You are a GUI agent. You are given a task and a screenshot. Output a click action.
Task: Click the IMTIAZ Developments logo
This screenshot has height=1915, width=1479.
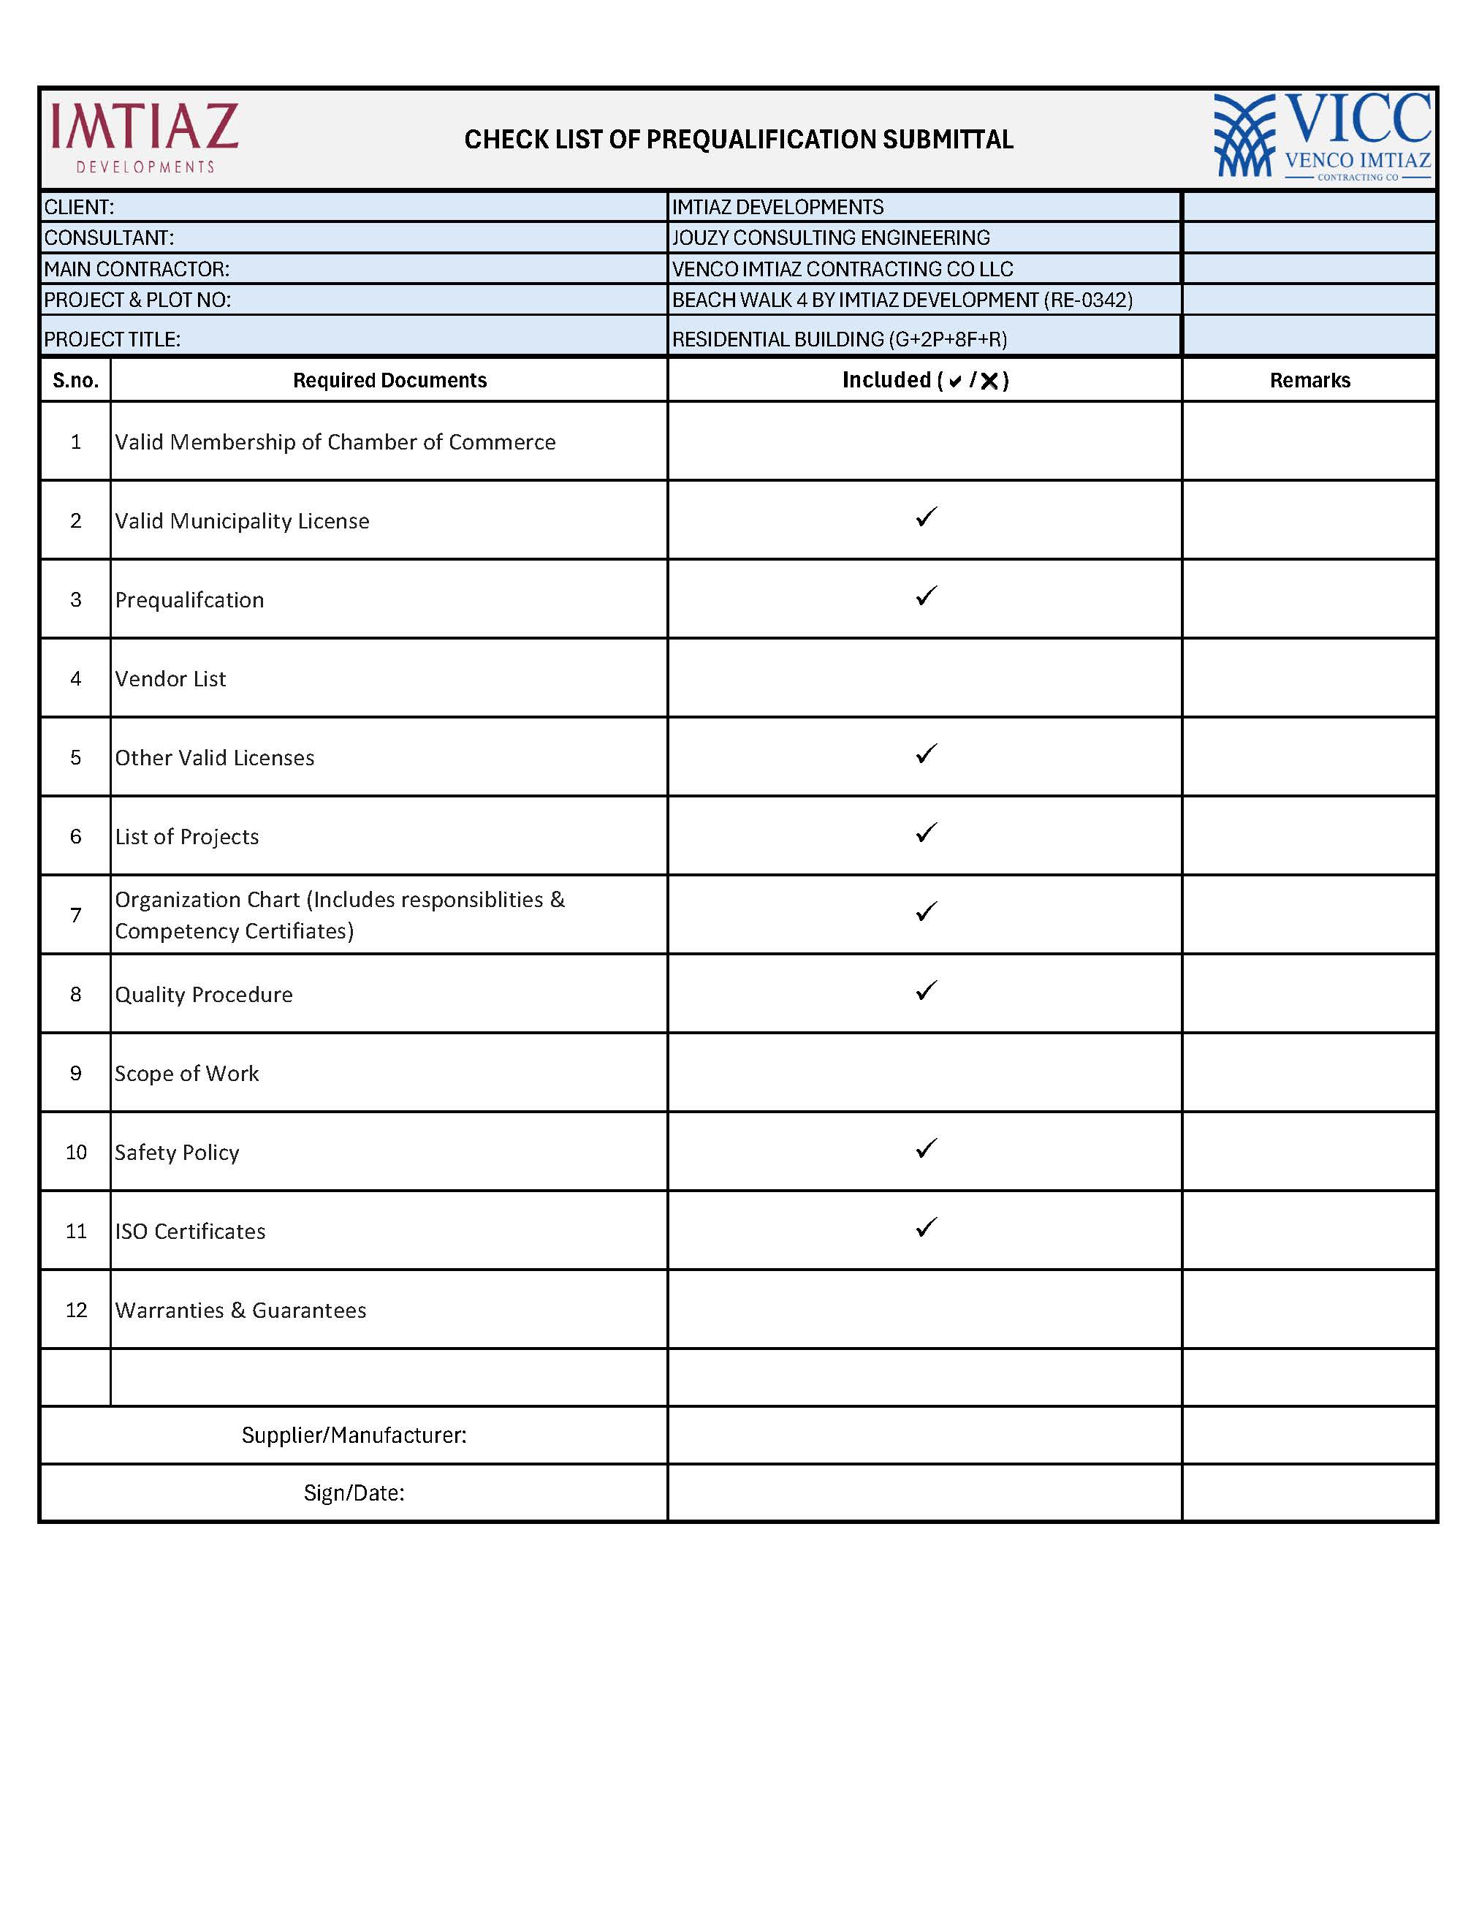tap(145, 137)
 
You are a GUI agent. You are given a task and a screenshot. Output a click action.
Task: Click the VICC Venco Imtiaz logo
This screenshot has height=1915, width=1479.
tap(1322, 137)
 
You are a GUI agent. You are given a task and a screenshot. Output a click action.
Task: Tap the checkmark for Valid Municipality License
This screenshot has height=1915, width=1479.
tap(926, 517)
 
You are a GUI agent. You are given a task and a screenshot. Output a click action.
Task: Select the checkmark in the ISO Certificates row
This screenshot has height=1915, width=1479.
tap(926, 1227)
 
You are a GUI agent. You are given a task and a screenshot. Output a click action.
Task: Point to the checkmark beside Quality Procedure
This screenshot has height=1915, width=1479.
tap(926, 991)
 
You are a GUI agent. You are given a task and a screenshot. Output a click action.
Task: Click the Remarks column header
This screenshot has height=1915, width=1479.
tap(1309, 381)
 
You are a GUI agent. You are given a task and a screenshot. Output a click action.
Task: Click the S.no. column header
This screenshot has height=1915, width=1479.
tap(75, 381)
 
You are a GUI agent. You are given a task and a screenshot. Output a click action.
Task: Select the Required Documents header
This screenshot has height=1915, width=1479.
tap(389, 381)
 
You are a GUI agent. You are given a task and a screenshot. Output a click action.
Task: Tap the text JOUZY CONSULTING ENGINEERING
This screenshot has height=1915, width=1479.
tap(830, 238)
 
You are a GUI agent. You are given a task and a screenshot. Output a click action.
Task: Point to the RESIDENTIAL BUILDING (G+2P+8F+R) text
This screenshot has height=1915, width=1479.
tap(839, 339)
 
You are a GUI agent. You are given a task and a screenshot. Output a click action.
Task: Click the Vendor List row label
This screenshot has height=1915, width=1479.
tap(170, 679)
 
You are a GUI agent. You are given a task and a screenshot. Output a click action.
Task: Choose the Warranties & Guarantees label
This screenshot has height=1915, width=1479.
tap(240, 1310)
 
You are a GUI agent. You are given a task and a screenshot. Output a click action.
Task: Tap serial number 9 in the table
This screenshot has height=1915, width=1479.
tap(75, 1073)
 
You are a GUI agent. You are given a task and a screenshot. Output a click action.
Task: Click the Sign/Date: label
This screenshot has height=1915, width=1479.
tap(354, 1493)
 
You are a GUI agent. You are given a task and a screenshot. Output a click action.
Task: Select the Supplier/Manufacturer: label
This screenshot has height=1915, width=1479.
tap(354, 1435)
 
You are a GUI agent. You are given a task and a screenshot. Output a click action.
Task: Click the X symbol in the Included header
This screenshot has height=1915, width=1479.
tap(989, 381)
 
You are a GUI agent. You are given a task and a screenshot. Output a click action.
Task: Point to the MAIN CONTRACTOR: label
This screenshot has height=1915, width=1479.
tap(137, 269)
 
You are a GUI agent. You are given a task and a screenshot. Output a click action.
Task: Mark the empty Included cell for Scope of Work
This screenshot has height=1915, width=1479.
tap(924, 1072)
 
